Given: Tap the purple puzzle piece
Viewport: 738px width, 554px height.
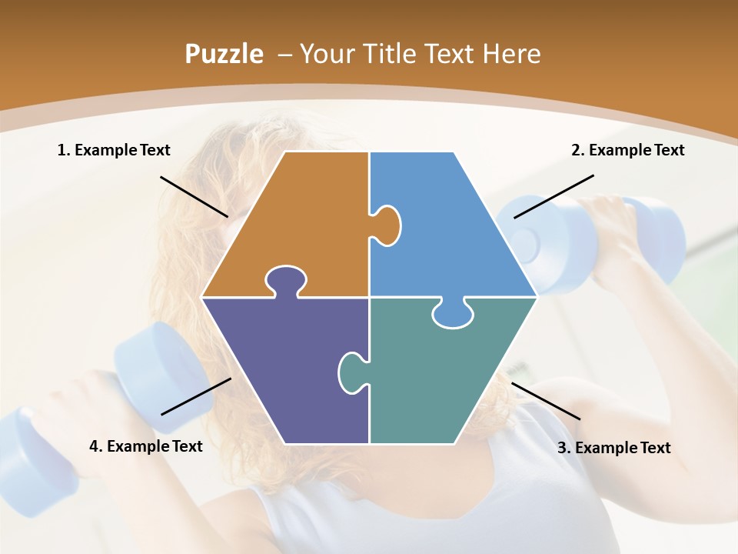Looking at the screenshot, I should point(284,369).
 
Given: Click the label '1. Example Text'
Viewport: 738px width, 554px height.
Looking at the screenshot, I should point(114,150).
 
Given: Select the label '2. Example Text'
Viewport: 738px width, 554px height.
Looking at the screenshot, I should point(627,150).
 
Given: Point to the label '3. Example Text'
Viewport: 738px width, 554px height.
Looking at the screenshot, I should point(613,448).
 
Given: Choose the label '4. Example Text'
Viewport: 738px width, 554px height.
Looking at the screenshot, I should point(146,446).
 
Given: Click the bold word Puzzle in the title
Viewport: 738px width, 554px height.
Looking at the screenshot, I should point(224,54).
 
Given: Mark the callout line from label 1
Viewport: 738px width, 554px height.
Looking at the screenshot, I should point(194,196).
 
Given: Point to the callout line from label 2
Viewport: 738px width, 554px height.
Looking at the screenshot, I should point(553,196).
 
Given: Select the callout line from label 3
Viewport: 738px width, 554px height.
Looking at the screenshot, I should point(546,401).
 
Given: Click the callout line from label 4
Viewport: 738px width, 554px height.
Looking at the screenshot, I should point(196,396).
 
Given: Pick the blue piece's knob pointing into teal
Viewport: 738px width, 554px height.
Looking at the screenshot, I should point(454,313).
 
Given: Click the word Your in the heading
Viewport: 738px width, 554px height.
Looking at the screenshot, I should point(325,54).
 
